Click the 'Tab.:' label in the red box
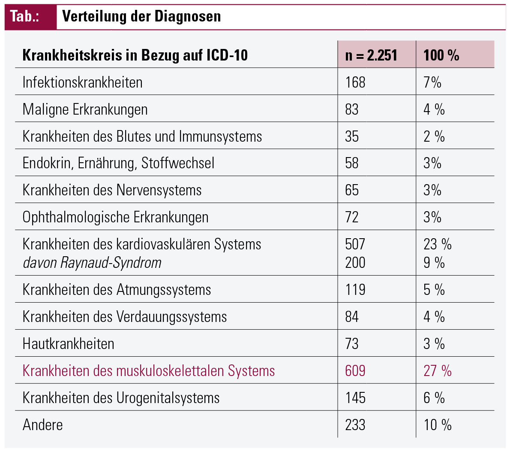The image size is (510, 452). click(25, 16)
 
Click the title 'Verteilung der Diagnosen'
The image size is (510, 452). click(141, 16)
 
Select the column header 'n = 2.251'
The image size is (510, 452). click(371, 55)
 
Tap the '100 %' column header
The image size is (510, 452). click(441, 55)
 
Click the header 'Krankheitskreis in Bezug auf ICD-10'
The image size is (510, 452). click(135, 55)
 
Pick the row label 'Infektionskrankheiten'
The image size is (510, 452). click(82, 82)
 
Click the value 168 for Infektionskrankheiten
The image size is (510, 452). click(355, 82)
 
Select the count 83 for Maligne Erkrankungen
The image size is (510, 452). click(351, 109)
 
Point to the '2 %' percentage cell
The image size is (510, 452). click(434, 137)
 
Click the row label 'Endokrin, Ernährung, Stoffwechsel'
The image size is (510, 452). click(118, 163)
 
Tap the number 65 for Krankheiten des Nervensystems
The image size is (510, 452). click(351, 190)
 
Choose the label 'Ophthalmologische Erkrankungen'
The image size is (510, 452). click(115, 217)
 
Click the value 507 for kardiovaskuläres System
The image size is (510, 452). click(355, 244)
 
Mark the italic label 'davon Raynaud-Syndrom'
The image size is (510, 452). click(92, 263)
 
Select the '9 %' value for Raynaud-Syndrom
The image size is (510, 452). click(434, 263)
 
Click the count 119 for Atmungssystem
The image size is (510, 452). click(355, 290)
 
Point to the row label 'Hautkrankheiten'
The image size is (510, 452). click(68, 344)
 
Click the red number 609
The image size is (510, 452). click(355, 371)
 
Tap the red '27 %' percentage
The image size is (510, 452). click(437, 371)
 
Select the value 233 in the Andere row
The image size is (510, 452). click(355, 425)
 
